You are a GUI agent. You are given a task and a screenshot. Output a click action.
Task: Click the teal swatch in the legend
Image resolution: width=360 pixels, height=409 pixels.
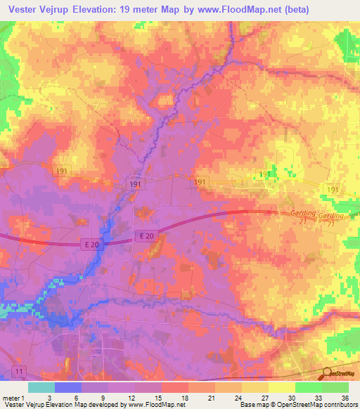coord(41,387)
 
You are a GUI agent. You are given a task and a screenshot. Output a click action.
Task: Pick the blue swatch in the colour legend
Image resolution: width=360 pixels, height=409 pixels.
coord(68,387)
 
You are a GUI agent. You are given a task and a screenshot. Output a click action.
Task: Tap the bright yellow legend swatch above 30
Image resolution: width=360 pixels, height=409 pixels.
coord(281,387)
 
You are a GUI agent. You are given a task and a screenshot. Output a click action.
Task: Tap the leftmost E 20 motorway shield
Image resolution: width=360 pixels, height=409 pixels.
coord(89,244)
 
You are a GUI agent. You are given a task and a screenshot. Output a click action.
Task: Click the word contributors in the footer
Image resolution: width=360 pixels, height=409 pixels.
coord(340,405)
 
